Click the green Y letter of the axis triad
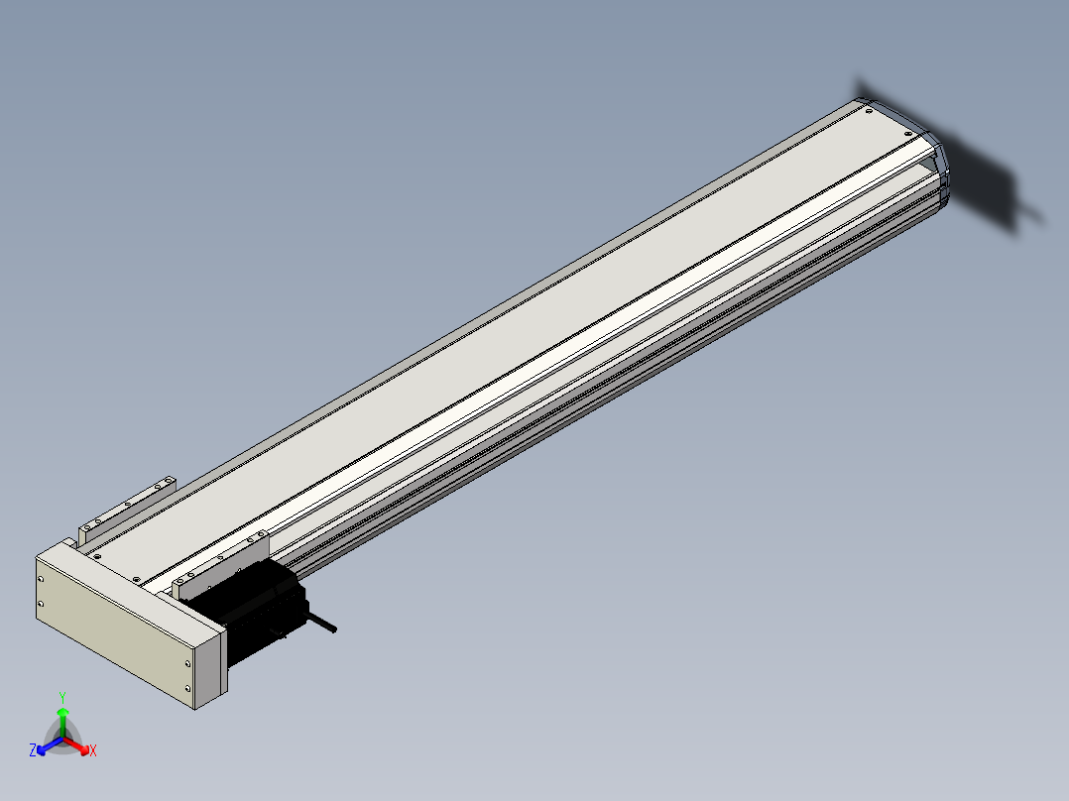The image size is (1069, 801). pyautogui.click(x=62, y=697)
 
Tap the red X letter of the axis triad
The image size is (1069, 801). pyautogui.click(x=93, y=750)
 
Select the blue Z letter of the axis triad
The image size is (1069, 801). pyautogui.click(x=33, y=749)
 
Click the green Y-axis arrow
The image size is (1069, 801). pyautogui.click(x=62, y=722)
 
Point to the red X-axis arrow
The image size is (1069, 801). pyautogui.click(x=77, y=745)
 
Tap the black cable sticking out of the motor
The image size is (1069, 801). pyautogui.click(x=322, y=623)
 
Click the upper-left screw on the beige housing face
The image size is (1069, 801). pyautogui.click(x=41, y=580)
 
